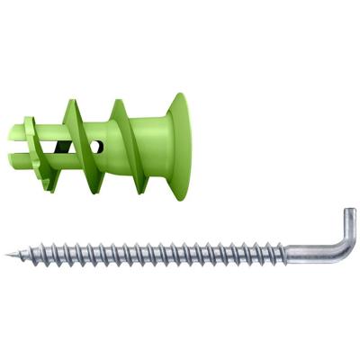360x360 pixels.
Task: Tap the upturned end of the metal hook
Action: click(x=351, y=217)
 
